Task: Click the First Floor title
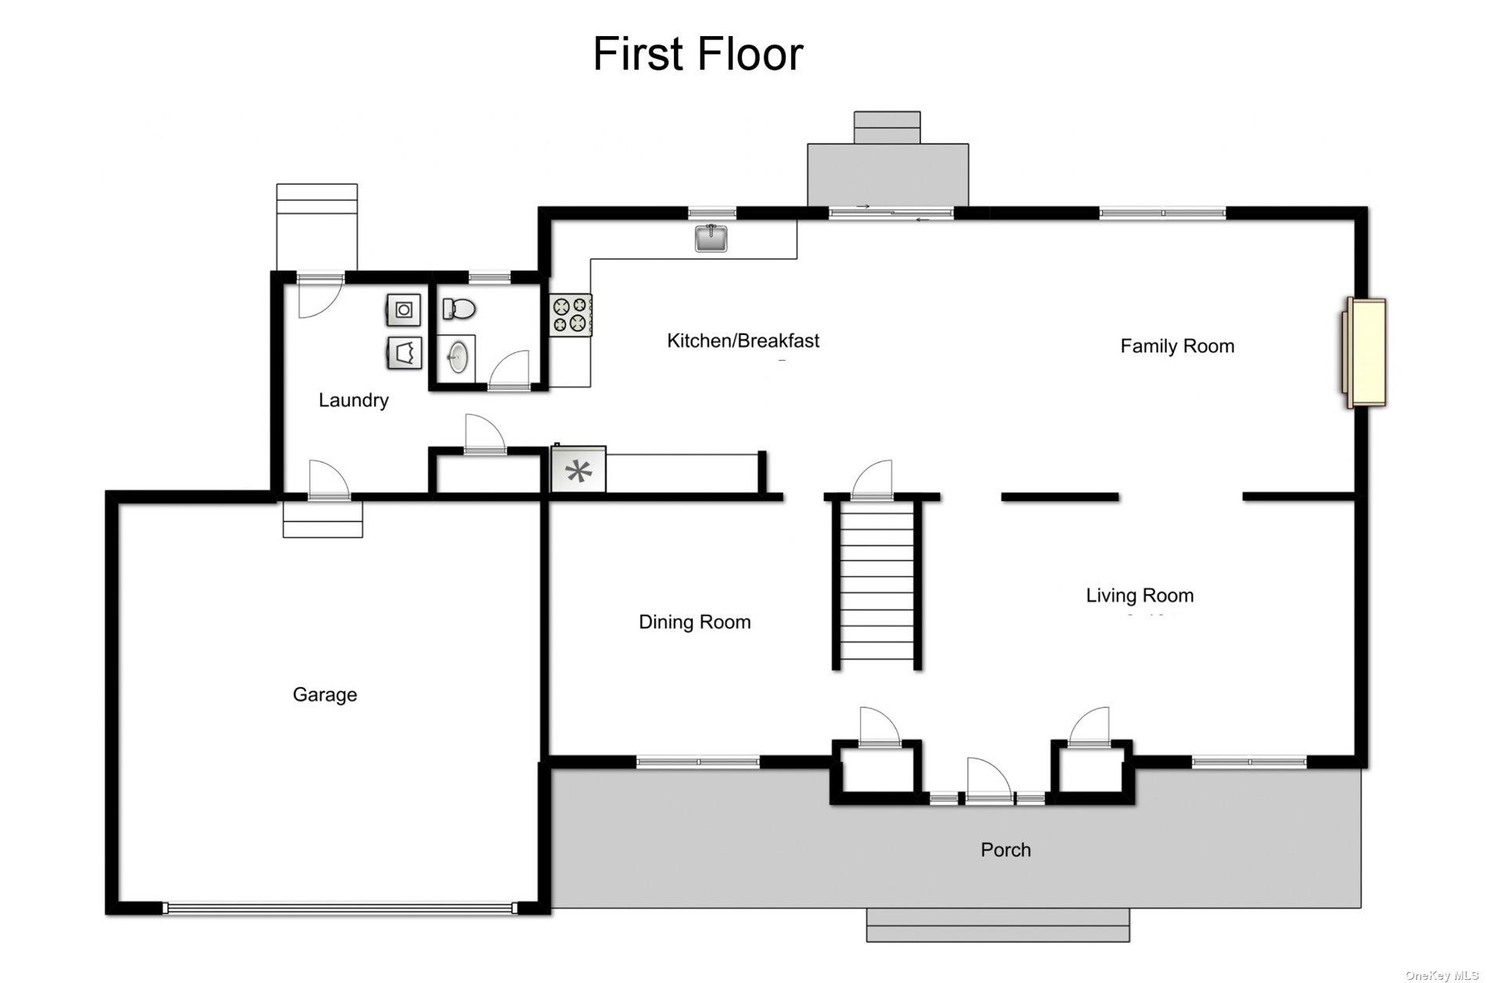697,54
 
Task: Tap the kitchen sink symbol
711,237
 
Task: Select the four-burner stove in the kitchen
571,315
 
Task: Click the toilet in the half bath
459,309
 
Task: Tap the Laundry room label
353,401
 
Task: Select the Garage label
325,695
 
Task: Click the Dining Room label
694,622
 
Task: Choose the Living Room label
1140,596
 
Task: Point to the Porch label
1006,850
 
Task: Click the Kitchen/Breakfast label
743,341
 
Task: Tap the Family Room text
1177,347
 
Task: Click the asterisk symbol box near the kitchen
578,470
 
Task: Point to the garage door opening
340,909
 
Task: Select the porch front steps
998,925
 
